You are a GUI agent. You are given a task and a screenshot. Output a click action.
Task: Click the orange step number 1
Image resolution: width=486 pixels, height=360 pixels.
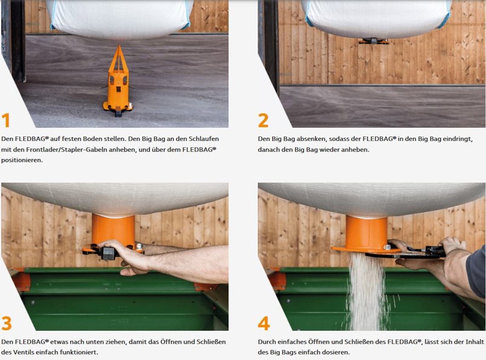coord(6,120)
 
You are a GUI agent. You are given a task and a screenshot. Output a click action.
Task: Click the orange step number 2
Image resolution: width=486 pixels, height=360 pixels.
coord(263,120)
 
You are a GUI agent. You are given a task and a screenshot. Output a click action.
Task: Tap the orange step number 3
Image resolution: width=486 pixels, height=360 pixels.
coord(7,323)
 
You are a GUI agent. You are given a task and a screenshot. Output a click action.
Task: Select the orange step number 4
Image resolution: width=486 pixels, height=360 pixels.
coord(264,323)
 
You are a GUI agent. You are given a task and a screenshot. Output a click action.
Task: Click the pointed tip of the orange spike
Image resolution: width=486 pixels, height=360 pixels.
coord(119,46)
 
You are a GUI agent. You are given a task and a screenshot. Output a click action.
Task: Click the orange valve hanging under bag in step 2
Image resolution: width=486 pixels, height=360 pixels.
coord(374,41)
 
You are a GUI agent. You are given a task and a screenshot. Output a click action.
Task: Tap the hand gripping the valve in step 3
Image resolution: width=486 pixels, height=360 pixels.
coord(130,257)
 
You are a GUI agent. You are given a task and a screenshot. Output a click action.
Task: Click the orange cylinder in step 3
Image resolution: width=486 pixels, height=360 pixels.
coord(113,230)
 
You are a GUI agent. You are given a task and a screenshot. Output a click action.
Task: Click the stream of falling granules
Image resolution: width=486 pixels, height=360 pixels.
coord(367,292)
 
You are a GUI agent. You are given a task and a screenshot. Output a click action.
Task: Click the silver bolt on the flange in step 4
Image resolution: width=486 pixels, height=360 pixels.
coord(387,247)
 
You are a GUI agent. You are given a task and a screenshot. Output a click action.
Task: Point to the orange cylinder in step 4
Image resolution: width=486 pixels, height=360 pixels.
coord(367,231)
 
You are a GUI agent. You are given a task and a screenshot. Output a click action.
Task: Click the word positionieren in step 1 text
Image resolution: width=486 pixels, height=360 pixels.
coord(22,160)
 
